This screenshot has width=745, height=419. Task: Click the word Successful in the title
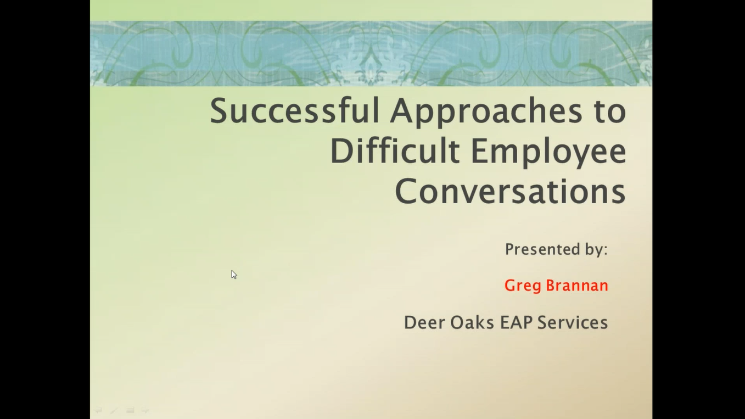coord(294,110)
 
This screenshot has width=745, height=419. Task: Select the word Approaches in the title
coord(486,111)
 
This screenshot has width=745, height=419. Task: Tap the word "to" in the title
coord(609,111)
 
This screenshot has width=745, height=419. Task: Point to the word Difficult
coord(394,151)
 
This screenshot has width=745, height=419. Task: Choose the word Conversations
coord(510,191)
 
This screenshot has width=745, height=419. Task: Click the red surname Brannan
coord(576,286)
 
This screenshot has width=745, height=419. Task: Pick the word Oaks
coord(472,322)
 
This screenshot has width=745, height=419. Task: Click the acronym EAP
coord(516,322)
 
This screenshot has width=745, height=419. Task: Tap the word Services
coord(572,322)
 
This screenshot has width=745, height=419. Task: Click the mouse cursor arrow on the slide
coord(233,274)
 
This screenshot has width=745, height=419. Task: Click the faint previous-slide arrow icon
coord(98,410)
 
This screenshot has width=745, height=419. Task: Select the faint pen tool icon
coord(114,410)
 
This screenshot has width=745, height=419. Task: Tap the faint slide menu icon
coord(130,410)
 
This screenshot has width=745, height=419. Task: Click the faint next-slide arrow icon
coord(145,410)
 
